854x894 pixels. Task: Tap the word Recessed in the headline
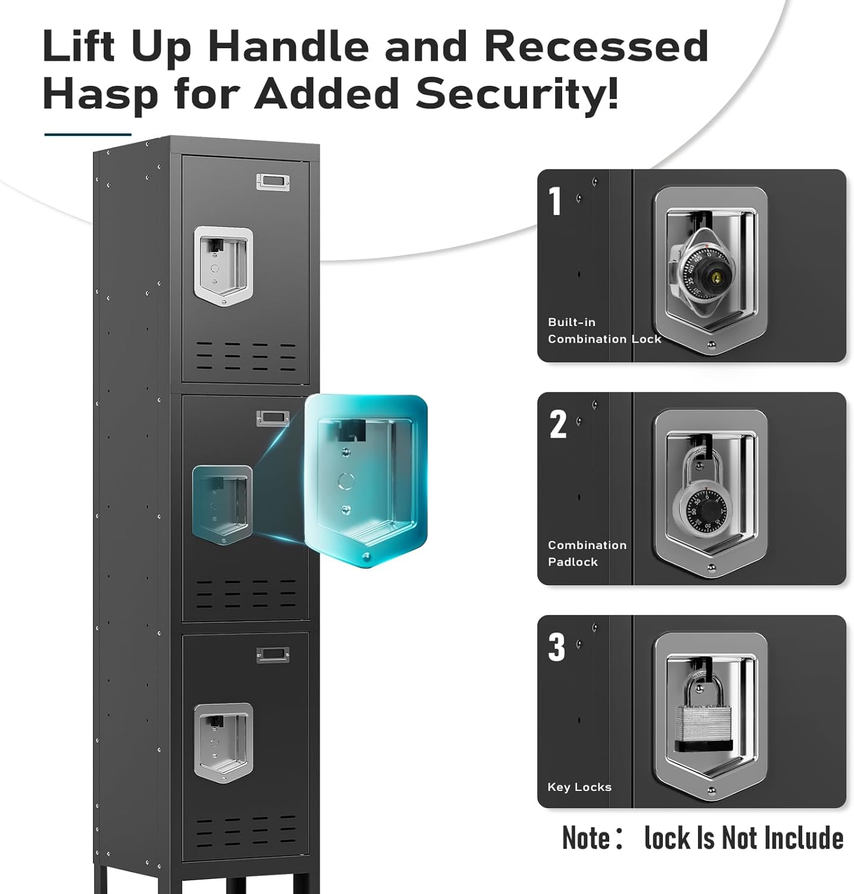[x=596, y=46]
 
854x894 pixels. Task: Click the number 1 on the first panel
[x=555, y=201]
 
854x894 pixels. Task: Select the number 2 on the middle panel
[x=557, y=424]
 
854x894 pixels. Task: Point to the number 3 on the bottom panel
[x=556, y=647]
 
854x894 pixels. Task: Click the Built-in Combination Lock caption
[x=603, y=331]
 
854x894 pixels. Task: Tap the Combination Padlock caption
[x=586, y=553]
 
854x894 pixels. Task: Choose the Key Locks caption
[x=579, y=787]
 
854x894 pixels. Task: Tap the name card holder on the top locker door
[x=273, y=182]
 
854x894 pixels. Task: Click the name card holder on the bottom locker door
[x=273, y=655]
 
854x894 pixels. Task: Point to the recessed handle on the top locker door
[x=223, y=265]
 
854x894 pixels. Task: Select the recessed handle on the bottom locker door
[x=223, y=742]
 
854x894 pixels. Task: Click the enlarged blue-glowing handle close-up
[x=366, y=480]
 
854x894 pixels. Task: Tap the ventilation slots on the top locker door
[x=246, y=356]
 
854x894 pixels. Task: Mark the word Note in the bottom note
[x=586, y=838]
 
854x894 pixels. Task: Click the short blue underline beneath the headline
[x=88, y=135]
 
